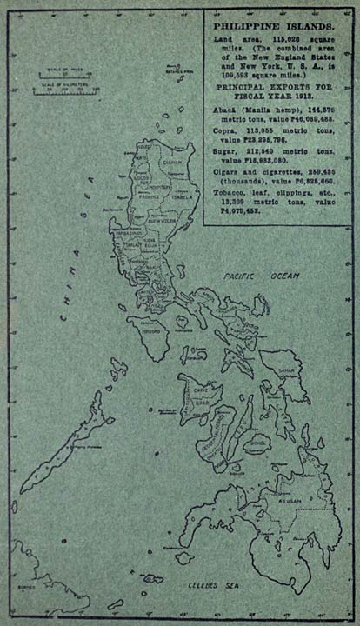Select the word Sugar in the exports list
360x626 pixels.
(223, 172)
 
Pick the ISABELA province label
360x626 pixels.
(175, 196)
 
